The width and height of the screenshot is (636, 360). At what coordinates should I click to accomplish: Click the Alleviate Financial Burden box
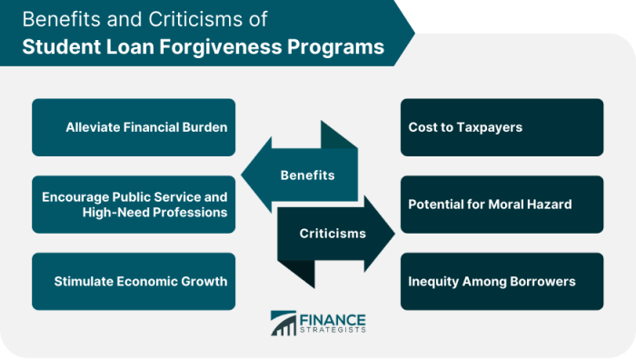click(134, 127)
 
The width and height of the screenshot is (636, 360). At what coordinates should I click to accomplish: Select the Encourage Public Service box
click(134, 205)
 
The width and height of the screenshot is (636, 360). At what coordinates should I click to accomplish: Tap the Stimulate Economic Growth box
click(134, 281)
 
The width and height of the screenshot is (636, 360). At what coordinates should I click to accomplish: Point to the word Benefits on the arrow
click(307, 175)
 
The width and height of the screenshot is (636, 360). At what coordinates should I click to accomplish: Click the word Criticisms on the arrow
click(333, 234)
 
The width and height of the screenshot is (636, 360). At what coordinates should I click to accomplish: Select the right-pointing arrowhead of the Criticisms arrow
click(383, 234)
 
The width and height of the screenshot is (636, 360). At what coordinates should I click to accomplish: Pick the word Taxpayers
click(489, 127)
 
